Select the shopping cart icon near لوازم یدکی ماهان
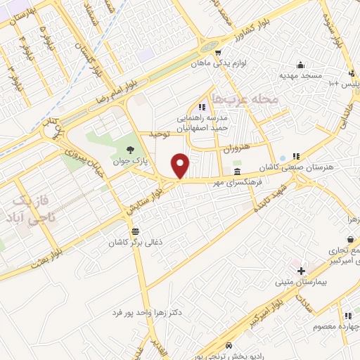(x=219, y=53)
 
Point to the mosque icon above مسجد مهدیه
(x=301, y=63)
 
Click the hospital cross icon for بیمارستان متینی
(x=301, y=271)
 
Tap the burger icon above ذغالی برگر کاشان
(x=134, y=231)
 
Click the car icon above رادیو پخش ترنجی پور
(x=230, y=345)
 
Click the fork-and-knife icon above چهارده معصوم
(x=347, y=316)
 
